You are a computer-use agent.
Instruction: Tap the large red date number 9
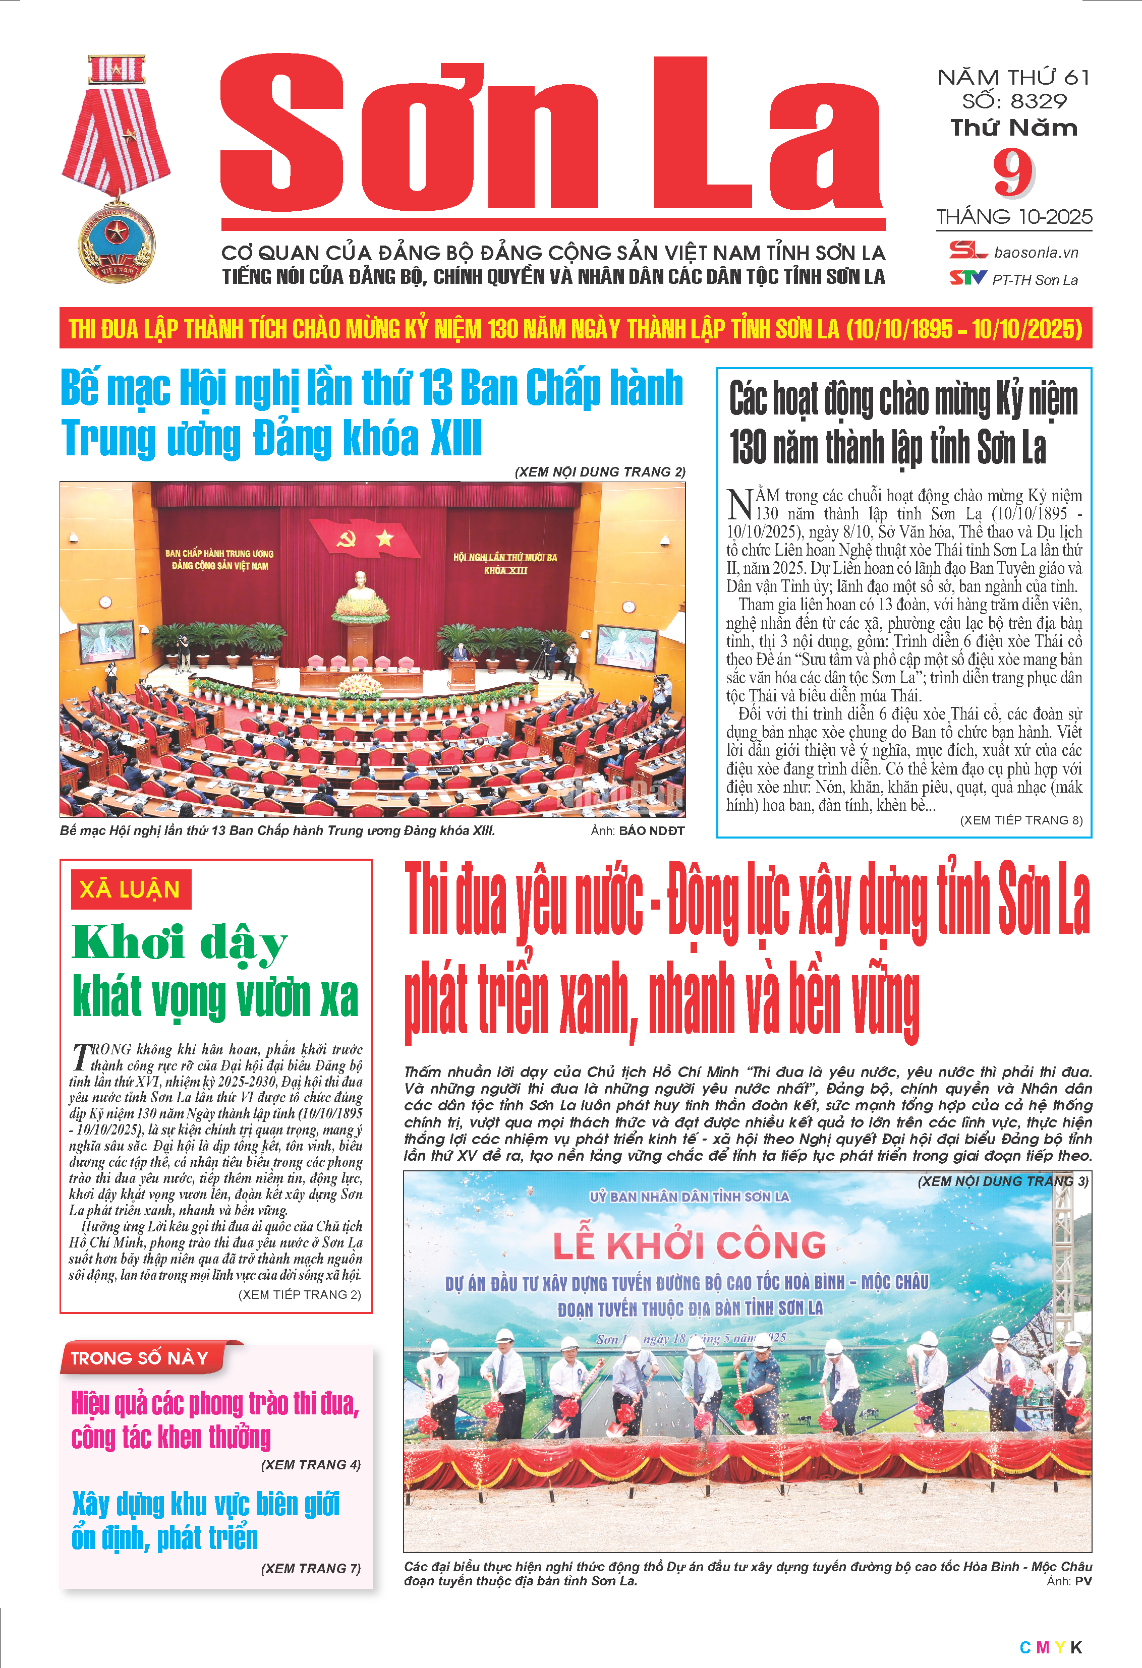(x=1013, y=173)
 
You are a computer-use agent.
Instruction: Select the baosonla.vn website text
(x=1036, y=253)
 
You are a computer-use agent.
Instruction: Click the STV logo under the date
(x=967, y=278)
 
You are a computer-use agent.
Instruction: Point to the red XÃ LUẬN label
(x=131, y=889)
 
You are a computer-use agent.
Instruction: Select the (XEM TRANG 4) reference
(x=310, y=1464)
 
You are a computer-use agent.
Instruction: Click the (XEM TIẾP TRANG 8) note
(x=1021, y=820)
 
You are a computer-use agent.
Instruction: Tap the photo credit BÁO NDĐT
(x=651, y=830)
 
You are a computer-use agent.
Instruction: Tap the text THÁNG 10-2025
(x=1013, y=217)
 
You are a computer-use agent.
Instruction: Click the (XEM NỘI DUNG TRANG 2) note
(x=599, y=471)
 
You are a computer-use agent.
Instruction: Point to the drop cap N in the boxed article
(x=739, y=503)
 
